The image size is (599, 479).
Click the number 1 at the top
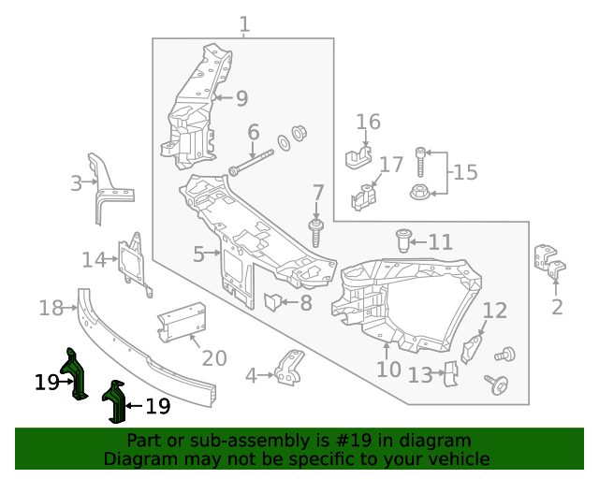pos(244,24)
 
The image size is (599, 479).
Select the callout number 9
pos(241,98)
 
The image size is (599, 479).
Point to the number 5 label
pos(199,254)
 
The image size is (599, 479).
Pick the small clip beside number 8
pos(272,301)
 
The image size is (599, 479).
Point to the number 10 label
pos(388,370)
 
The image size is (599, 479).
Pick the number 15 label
pos(465,172)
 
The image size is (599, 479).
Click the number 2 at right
pos(557,307)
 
